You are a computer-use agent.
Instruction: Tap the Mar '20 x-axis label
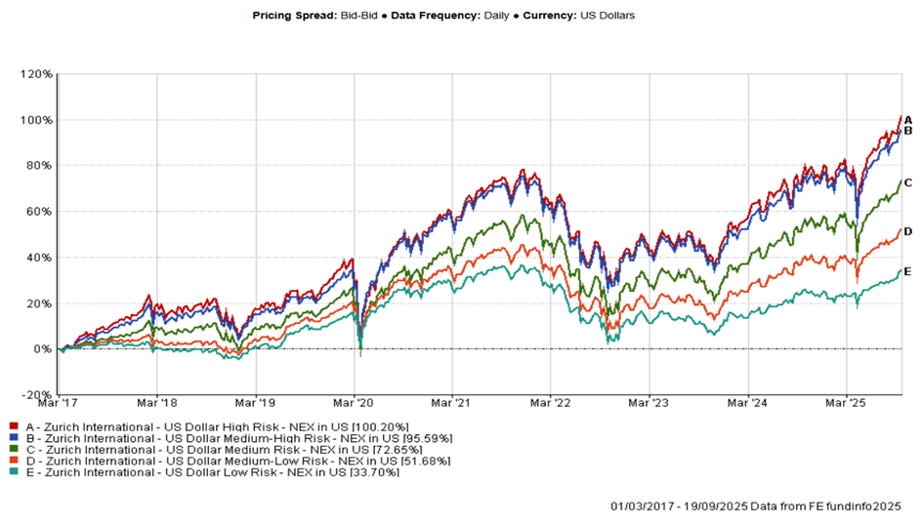click(x=355, y=401)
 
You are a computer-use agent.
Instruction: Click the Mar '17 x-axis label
click(x=58, y=401)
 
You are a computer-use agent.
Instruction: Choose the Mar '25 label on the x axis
click(x=847, y=401)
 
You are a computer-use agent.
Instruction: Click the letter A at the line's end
click(x=907, y=119)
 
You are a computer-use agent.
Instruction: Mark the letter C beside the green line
click(x=907, y=182)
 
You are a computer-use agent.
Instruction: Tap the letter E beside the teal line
click(x=907, y=271)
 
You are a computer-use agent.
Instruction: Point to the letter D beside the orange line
click(x=907, y=231)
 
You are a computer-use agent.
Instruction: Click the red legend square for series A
click(x=12, y=426)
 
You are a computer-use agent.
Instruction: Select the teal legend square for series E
click(x=12, y=473)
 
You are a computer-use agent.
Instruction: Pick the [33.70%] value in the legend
click(x=368, y=473)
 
